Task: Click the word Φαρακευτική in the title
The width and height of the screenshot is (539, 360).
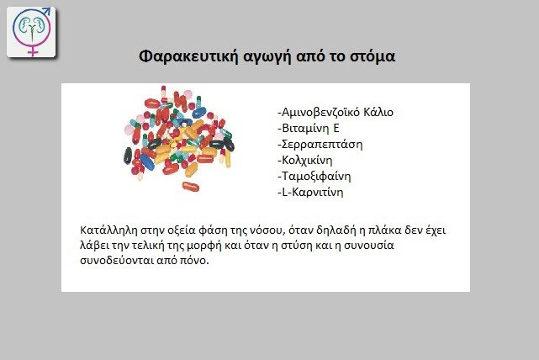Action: (188, 56)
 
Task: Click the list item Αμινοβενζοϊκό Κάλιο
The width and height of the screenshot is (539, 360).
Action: (336, 112)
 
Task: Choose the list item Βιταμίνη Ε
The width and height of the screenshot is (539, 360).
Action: (309, 128)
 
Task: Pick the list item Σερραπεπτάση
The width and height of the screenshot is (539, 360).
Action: (320, 145)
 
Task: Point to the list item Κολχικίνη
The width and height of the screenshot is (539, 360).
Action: (305, 160)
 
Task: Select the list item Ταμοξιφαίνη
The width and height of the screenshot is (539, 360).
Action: (314, 177)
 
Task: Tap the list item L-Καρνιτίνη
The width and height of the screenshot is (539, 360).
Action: (310, 193)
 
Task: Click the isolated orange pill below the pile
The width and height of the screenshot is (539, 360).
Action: (191, 187)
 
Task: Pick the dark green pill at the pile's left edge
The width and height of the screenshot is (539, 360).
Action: (128, 156)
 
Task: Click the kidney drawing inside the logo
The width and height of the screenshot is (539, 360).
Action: (32, 27)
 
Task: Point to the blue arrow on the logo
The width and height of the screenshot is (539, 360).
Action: (45, 12)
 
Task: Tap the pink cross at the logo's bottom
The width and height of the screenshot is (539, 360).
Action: (32, 50)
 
